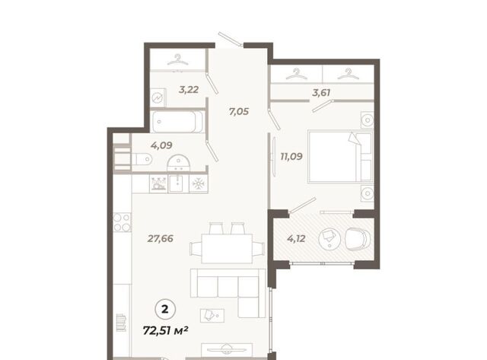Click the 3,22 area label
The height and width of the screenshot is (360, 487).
[x=189, y=90]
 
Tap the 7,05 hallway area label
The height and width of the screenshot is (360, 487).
[x=239, y=111]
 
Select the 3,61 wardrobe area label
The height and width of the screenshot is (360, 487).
[x=321, y=93]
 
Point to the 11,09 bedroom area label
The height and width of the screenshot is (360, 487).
[x=291, y=156]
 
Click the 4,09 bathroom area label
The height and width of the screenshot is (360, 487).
[x=161, y=145]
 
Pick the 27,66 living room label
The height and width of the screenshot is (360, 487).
[x=161, y=238]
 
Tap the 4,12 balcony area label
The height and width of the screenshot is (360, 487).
[x=296, y=238]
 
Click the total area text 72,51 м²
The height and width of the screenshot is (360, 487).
[x=166, y=330]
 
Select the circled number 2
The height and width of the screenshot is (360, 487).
[x=165, y=309]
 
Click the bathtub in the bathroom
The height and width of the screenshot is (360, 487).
[x=177, y=121]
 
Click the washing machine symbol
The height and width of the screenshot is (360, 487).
[x=158, y=97]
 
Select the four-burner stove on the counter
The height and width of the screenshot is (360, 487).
[x=122, y=222]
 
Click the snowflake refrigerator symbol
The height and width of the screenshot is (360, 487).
[x=198, y=184]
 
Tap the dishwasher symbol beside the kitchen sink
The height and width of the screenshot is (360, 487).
[x=159, y=184]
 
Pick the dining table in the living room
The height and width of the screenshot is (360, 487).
[x=227, y=248]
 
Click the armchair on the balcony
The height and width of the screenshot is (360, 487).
[x=358, y=238]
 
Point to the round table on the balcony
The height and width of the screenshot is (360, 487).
[x=329, y=238]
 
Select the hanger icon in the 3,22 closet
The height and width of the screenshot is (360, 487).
[x=177, y=59]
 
